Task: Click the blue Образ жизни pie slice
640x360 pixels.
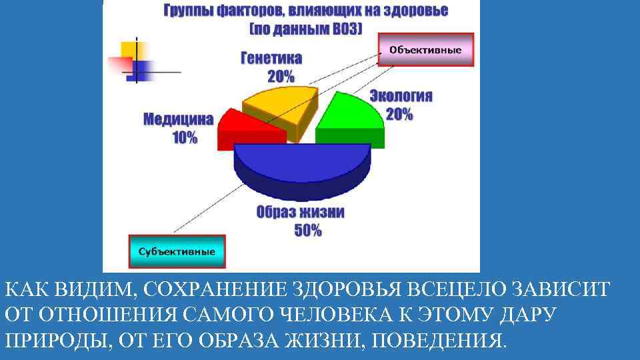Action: [301, 163]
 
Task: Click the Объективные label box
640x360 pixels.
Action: [426, 49]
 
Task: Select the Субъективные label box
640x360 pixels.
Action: [177, 251]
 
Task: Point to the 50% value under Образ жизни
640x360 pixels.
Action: [307, 231]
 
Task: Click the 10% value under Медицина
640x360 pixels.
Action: [184, 138]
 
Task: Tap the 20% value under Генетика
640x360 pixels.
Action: [280, 75]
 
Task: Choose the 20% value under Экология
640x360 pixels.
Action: [399, 114]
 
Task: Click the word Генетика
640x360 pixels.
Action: [271, 59]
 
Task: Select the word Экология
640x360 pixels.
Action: [401, 96]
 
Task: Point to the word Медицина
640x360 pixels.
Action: [179, 120]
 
